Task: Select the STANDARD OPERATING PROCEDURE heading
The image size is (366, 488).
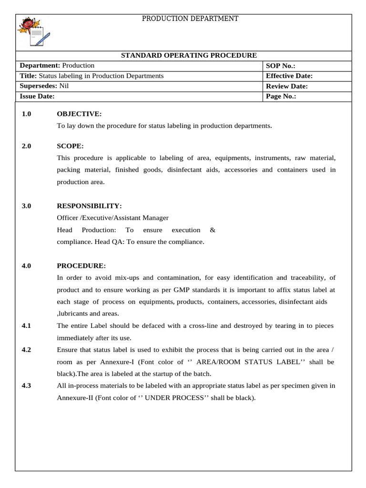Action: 189,56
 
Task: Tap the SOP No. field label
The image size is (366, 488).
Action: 281,66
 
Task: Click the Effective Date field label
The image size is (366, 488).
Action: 289,76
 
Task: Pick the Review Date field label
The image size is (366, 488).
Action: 286,86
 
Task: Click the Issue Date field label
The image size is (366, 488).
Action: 37,96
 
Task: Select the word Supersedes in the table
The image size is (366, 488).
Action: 38,86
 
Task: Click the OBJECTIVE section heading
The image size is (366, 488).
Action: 79,114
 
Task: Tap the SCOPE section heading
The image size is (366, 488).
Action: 70,146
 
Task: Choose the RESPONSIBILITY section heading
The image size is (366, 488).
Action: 89,206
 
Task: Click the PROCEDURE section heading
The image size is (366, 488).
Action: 81,265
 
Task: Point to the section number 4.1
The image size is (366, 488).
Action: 26,325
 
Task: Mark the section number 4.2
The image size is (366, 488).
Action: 26,350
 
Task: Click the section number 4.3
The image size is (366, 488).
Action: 26,386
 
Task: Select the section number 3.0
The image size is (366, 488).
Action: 26,206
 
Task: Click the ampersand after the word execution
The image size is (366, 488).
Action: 213,230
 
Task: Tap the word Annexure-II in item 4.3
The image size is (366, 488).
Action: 74,397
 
